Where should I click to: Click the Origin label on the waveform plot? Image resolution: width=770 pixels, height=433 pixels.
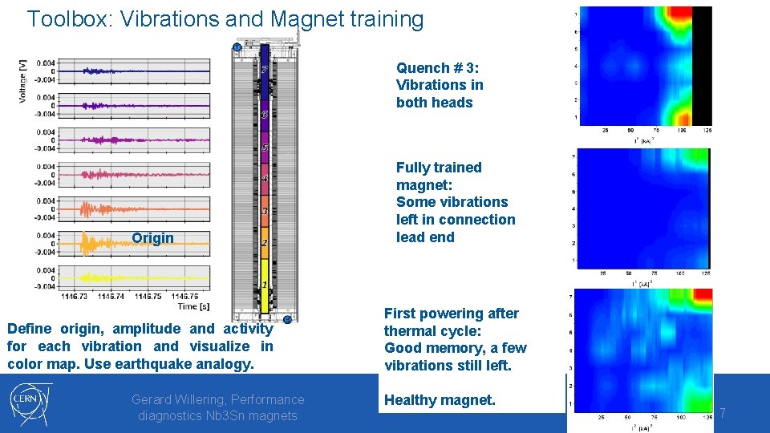tap(152, 238)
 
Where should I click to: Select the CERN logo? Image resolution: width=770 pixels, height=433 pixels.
tap(31, 403)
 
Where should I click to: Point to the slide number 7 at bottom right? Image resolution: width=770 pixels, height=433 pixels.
tap(722, 413)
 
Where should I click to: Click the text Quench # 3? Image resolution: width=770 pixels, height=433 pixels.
tap(437, 67)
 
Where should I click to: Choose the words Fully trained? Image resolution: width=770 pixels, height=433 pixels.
tap(439, 168)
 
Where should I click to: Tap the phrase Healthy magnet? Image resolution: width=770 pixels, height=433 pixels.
tap(440, 399)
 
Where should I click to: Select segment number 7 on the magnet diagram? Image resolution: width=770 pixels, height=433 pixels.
tap(264, 70)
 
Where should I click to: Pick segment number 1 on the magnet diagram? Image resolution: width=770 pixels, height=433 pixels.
tap(264, 285)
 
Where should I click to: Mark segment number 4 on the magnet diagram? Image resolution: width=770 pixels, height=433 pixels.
tap(264, 178)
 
